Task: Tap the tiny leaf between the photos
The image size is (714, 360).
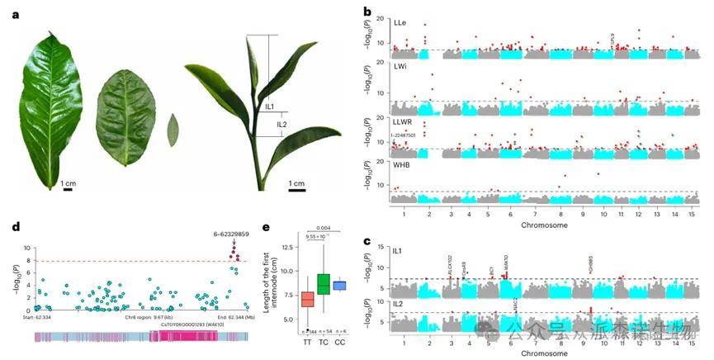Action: point(173,129)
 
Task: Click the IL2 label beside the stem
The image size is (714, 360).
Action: point(282,125)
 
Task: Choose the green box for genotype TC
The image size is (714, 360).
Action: point(323,283)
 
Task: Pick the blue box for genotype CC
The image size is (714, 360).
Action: point(338,285)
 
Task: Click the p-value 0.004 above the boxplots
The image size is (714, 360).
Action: point(324,228)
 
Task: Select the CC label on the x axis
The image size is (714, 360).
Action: point(339,340)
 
